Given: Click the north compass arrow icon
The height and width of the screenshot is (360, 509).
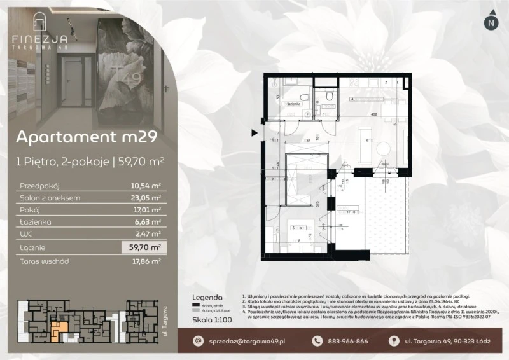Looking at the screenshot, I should (491, 22).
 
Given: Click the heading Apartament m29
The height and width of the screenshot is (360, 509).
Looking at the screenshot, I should (82, 137).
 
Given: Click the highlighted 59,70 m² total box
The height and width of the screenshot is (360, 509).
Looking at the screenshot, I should (143, 247).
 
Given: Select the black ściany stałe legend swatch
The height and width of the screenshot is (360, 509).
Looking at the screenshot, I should (195, 305).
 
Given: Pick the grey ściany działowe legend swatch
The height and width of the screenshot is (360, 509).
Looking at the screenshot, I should (195, 310).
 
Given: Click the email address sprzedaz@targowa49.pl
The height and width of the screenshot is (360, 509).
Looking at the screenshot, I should (244, 342).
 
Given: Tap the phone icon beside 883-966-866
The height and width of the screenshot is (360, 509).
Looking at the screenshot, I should (317, 342).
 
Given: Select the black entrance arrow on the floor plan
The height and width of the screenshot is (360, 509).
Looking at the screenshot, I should (255, 133).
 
